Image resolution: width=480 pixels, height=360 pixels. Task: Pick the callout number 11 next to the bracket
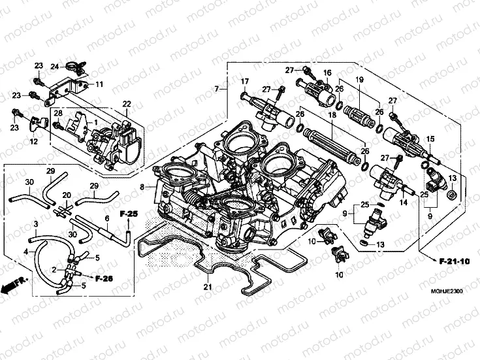100,84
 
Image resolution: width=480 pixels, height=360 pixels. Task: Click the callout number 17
245,81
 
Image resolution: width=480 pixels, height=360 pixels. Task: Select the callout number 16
327,73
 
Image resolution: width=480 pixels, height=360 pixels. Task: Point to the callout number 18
332,114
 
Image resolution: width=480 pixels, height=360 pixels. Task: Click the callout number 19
359,79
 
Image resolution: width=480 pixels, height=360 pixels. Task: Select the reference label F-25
128,214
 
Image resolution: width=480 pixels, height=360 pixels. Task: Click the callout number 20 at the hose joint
66,195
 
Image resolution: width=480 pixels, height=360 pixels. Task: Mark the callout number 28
57,114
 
